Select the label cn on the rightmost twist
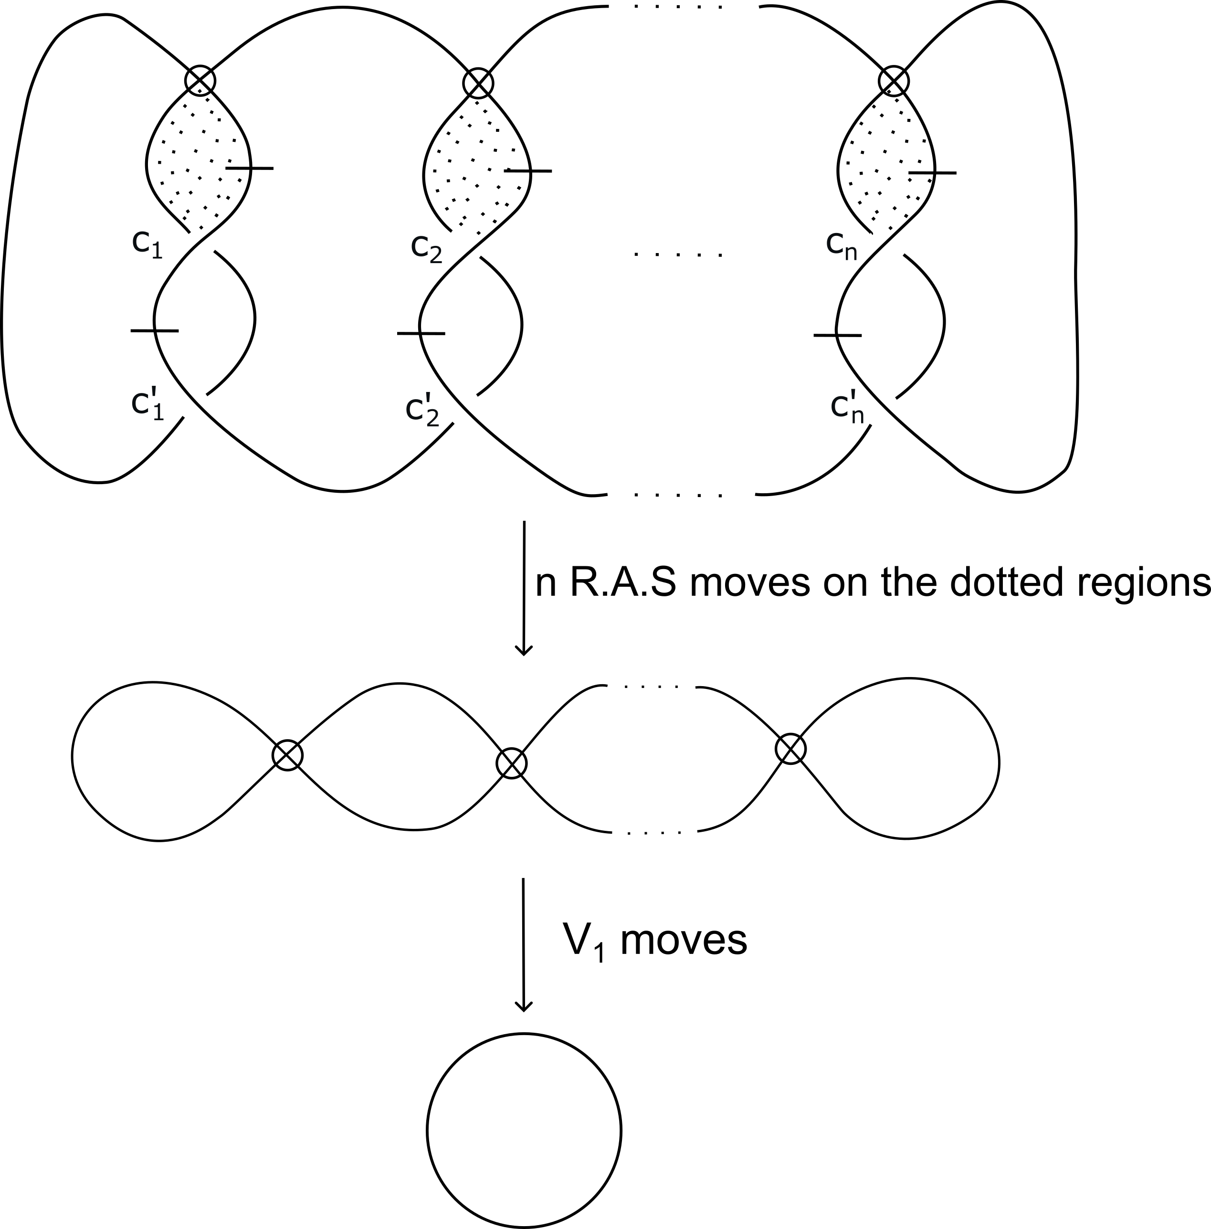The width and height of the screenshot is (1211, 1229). pyautogui.click(x=842, y=245)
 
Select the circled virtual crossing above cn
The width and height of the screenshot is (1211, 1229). pyautogui.click(x=894, y=81)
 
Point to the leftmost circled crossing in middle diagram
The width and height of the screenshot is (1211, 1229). pyautogui.click(x=287, y=755)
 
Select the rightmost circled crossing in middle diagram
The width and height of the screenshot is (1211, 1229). pyautogui.click(x=790, y=749)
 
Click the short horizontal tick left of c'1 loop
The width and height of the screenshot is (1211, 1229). pyautogui.click(x=155, y=331)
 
